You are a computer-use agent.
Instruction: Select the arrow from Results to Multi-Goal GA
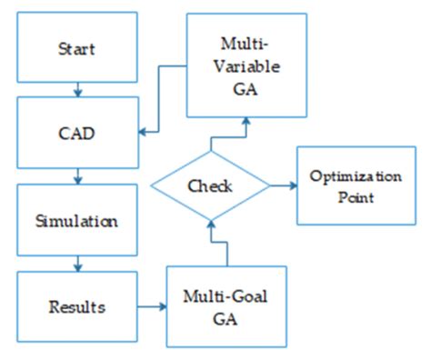click(151, 306)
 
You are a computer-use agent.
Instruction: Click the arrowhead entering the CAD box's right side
click(144, 135)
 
